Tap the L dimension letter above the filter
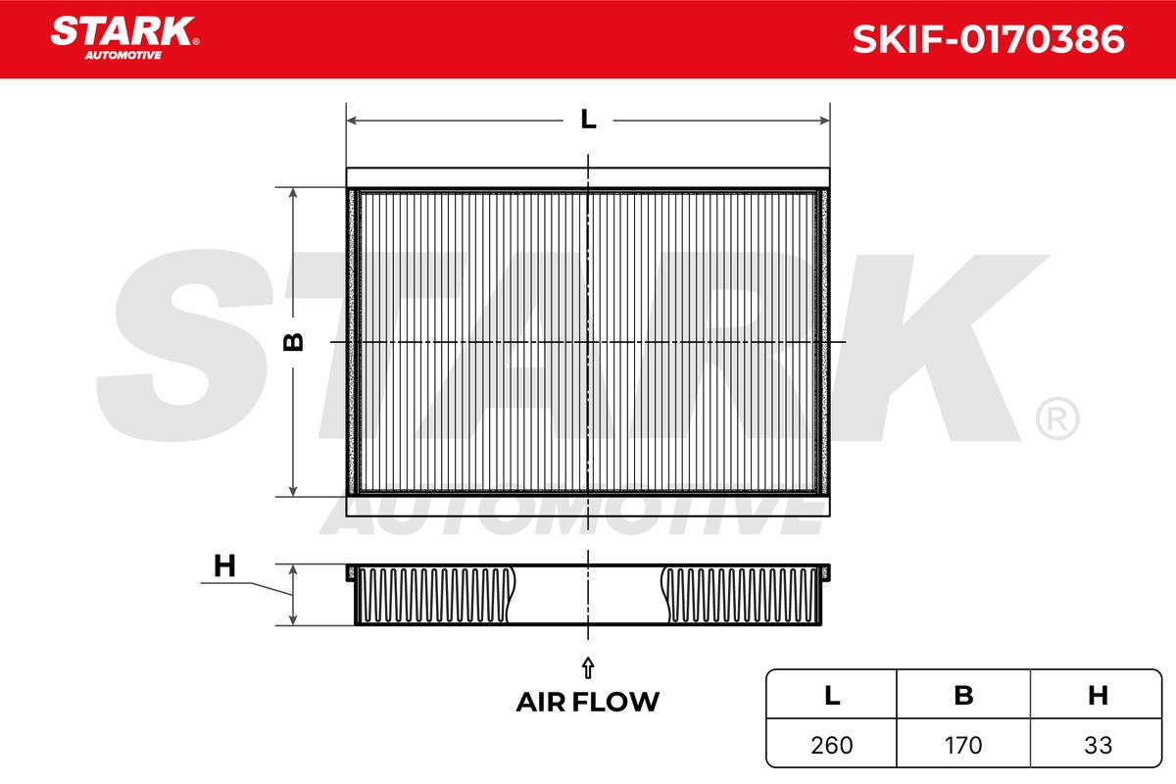click(588, 120)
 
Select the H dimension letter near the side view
click(224, 565)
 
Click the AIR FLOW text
click(588, 702)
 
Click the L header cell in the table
click(832, 695)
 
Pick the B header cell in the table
click(963, 695)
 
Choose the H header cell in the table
click(1098, 695)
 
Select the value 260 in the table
click(832, 745)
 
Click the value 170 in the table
click(963, 745)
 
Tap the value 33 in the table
click(1098, 745)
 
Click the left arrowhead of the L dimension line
click(353, 121)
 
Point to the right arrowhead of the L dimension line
click(824, 121)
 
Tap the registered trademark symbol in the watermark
click(1055, 418)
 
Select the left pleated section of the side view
click(432, 594)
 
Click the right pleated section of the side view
click(742, 594)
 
